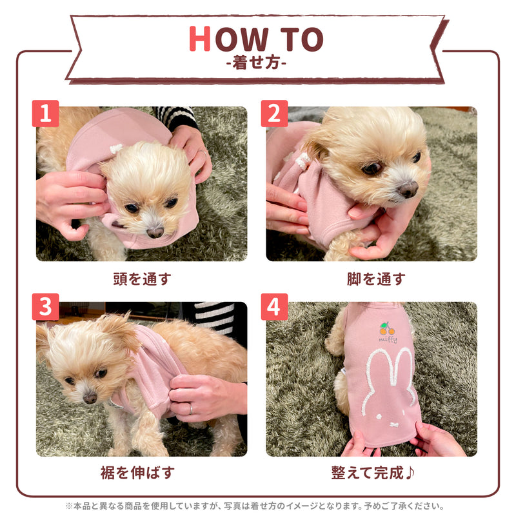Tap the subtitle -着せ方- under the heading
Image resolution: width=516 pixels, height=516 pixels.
click(257, 64)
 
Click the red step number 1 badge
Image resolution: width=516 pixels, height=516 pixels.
click(45, 114)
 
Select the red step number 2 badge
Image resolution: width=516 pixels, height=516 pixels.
click(275, 114)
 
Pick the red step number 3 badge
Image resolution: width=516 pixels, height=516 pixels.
click(45, 308)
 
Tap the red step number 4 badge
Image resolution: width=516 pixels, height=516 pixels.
click(275, 308)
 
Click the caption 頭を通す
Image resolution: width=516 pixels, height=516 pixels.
click(141, 279)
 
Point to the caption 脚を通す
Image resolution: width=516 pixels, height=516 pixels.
click(376, 279)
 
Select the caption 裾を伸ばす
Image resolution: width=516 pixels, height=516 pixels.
click(141, 473)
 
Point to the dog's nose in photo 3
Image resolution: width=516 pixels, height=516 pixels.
click(90, 397)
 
